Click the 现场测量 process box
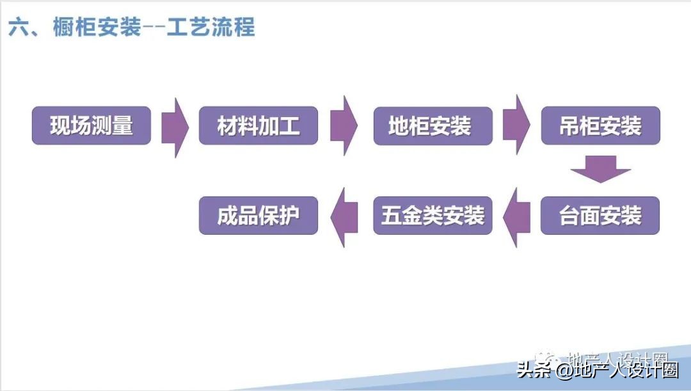(91, 125)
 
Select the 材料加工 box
(258, 125)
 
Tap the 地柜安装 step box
(433, 125)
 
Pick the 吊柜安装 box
(600, 125)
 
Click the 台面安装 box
(600, 216)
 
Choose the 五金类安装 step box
(433, 216)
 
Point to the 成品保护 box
(258, 216)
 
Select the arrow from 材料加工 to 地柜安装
(344, 126)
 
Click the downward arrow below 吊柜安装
(600, 168)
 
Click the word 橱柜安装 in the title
(97, 27)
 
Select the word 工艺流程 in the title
(211, 27)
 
